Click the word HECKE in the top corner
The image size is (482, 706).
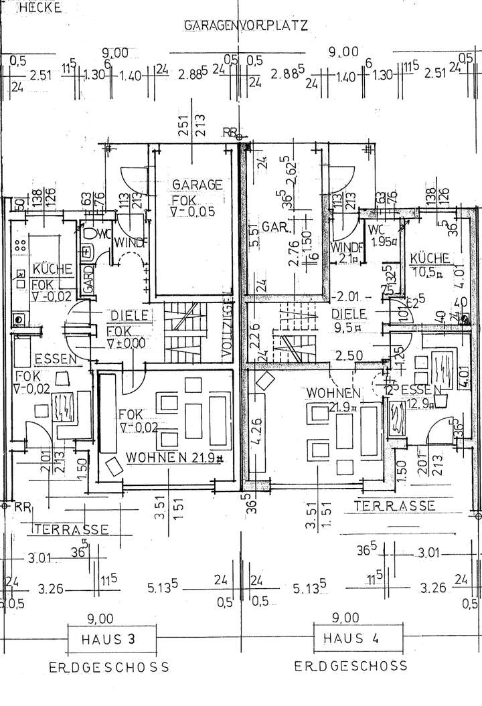[x=42, y=9]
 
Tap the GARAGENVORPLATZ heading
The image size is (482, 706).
[x=244, y=26]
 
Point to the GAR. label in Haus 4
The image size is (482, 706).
[x=274, y=226]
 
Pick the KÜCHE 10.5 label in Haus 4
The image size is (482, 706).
[x=428, y=265]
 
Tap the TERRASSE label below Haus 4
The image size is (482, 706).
[x=395, y=505]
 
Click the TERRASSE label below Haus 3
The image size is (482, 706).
[x=72, y=529]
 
